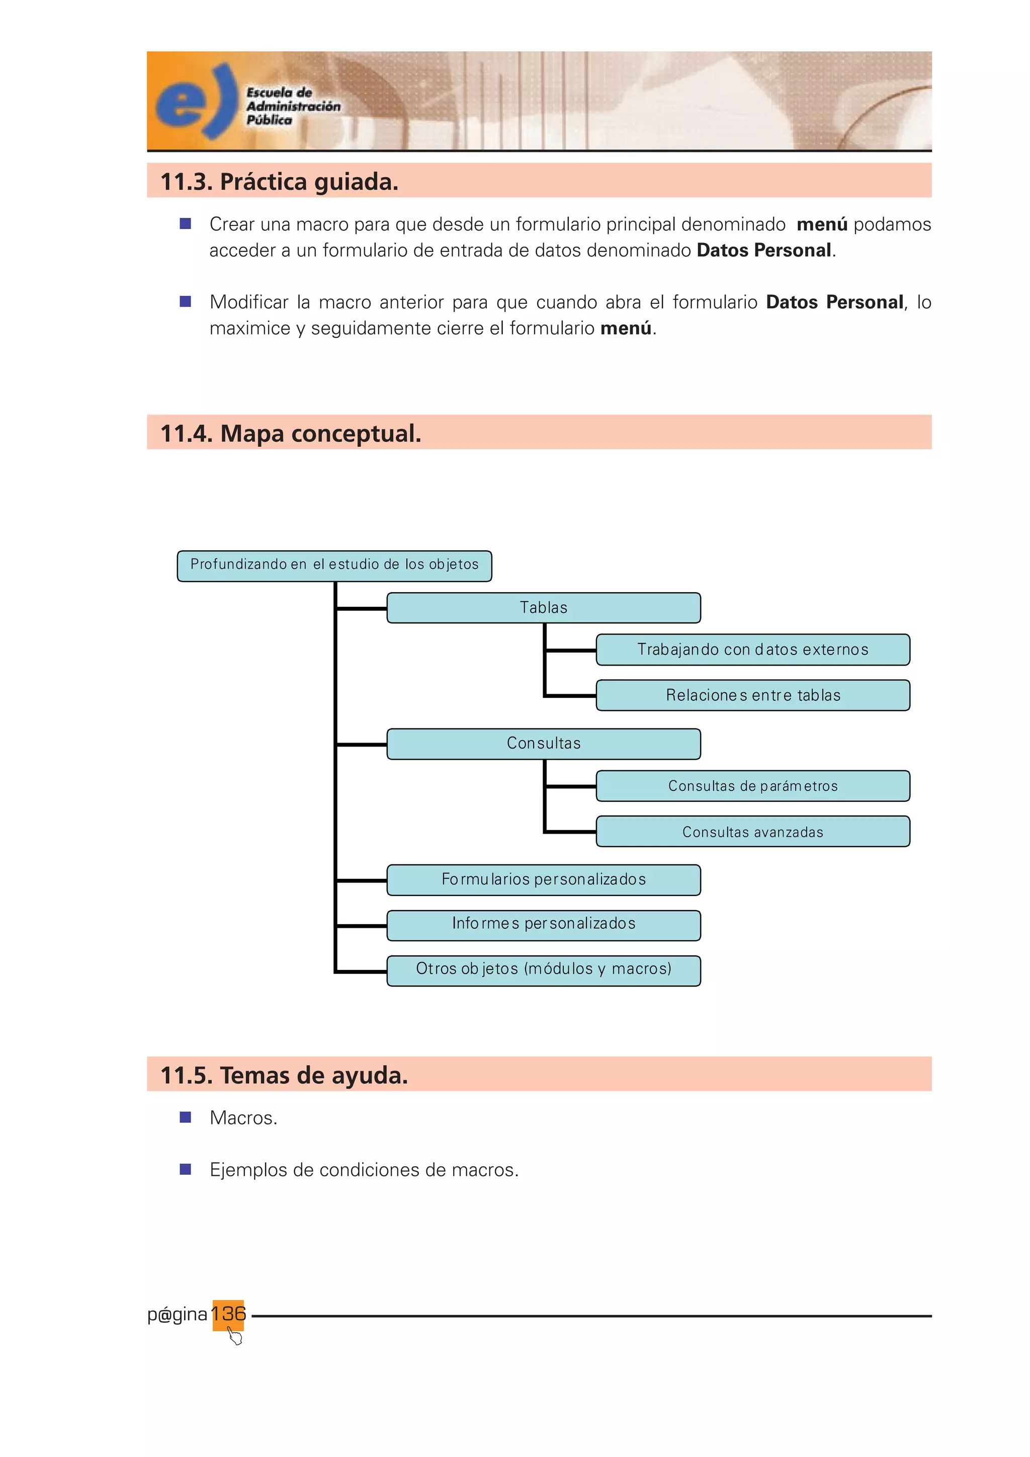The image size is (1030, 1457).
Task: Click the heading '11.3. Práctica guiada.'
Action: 279,182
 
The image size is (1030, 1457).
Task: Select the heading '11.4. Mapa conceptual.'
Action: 291,433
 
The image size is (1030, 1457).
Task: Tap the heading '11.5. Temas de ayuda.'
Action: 284,1075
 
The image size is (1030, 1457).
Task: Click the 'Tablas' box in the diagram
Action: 544,608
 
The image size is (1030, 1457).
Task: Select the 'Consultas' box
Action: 544,744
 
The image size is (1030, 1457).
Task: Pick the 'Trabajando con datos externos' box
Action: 753,650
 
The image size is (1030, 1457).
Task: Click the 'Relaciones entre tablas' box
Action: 753,695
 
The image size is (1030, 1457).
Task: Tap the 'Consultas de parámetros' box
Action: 753,786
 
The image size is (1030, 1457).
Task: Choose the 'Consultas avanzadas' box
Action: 753,832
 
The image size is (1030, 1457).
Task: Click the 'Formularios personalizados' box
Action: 544,879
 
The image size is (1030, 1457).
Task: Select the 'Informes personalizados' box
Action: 544,924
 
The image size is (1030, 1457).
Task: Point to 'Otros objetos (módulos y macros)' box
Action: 544,969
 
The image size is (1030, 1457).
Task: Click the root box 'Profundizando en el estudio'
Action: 334,565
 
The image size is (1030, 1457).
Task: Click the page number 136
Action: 228,1313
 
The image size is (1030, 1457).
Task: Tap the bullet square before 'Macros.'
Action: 185,1117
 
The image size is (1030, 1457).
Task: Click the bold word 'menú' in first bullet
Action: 822,225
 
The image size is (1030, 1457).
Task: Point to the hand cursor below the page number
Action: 235,1337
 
